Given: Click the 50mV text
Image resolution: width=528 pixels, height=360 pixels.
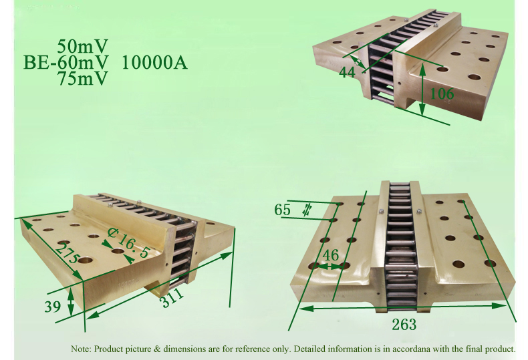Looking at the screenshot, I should tap(83, 47).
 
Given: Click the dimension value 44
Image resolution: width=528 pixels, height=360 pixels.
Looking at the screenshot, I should tap(347, 72).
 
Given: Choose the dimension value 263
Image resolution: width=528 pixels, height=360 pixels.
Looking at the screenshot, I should tap(403, 325).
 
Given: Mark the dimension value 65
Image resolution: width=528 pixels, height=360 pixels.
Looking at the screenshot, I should tap(283, 210).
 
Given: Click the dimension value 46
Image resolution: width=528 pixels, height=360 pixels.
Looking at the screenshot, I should tap(330, 254).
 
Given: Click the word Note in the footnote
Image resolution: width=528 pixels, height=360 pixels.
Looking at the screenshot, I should tap(81, 349).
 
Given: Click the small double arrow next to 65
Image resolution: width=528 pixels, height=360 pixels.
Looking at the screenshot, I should tap(306, 209).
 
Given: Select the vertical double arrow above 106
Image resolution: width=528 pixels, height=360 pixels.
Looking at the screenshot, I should tap(422, 87).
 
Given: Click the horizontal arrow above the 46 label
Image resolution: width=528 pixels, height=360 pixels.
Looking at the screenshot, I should tap(329, 266).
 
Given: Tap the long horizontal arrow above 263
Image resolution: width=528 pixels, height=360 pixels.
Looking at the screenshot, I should tap(404, 307).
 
